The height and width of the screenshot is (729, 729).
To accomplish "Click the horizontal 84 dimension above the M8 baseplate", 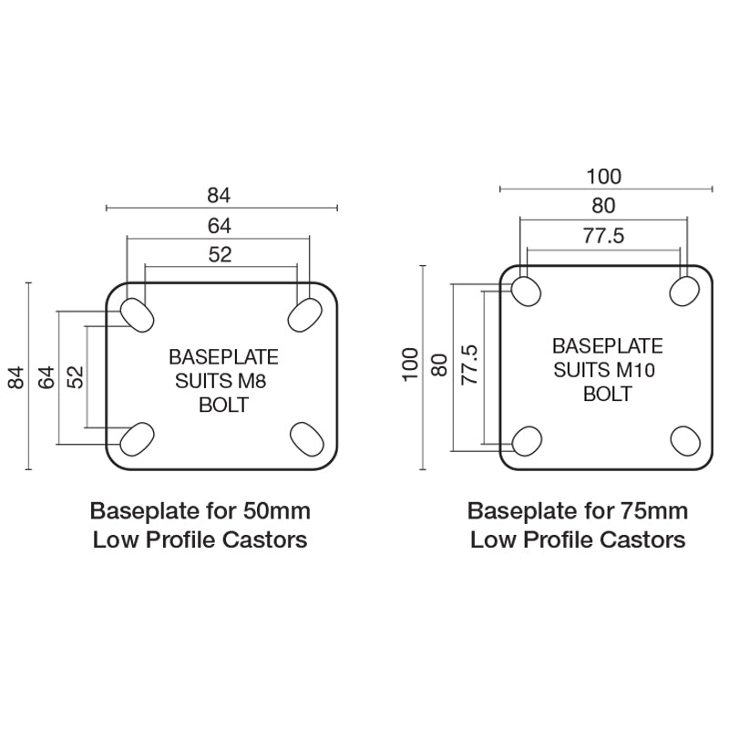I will point(220,194).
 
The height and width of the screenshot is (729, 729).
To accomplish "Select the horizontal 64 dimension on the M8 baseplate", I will point(220,225).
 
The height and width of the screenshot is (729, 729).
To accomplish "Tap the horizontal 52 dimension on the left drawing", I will point(220,255).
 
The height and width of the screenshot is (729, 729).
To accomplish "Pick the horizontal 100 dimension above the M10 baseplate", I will point(603,176).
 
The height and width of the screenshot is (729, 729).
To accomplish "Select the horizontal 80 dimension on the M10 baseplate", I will point(603,205).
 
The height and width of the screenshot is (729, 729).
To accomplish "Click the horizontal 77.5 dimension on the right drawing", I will point(603,236).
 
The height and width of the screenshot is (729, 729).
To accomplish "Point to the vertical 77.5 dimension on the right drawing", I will point(470,364).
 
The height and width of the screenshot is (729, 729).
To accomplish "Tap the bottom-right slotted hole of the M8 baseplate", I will point(305,438).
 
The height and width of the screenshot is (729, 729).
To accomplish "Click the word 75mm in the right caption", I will point(656,509).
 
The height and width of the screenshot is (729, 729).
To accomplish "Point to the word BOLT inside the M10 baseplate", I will point(607,395).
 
